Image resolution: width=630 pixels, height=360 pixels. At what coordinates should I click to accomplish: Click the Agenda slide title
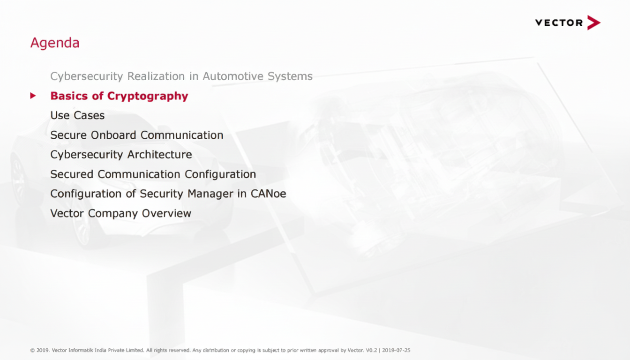click(x=55, y=43)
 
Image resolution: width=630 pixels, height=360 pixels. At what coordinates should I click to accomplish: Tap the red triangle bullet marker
click(x=33, y=96)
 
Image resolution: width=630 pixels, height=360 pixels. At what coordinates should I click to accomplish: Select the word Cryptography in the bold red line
click(x=148, y=97)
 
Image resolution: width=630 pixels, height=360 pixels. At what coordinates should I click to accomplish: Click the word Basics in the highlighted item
click(x=69, y=96)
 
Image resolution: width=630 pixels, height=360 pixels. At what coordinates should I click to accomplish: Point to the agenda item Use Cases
click(x=77, y=115)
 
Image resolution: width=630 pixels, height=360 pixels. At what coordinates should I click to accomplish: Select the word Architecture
click(x=160, y=154)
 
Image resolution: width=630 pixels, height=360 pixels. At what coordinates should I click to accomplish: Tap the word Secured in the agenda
click(x=72, y=174)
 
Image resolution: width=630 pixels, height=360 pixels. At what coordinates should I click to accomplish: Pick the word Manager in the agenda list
click(x=210, y=194)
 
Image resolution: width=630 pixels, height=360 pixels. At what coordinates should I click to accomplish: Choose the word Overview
click(x=166, y=213)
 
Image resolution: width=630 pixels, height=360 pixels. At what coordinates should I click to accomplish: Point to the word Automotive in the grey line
click(x=233, y=76)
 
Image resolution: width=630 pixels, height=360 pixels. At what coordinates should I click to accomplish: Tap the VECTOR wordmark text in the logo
click(x=559, y=23)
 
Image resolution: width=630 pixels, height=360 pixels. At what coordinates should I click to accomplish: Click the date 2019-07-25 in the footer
click(x=396, y=350)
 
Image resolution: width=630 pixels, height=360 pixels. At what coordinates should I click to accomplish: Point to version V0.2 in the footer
click(x=371, y=350)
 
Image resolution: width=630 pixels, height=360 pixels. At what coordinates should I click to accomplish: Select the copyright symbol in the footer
click(x=32, y=350)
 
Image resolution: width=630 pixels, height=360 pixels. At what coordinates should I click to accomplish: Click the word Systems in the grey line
click(x=290, y=76)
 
